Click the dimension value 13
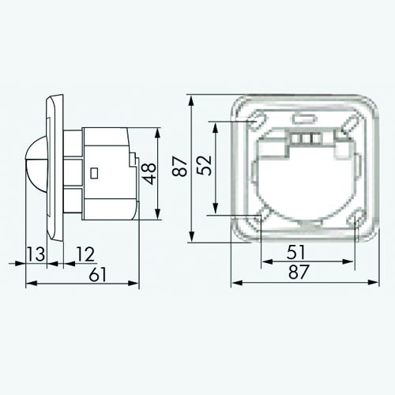36,254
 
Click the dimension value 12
85,254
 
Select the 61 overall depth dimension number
97,274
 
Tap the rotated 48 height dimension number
149,174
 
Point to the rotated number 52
204,165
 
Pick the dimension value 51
296,252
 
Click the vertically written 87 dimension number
179,166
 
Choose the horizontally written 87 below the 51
299,272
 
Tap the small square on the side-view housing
94,173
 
